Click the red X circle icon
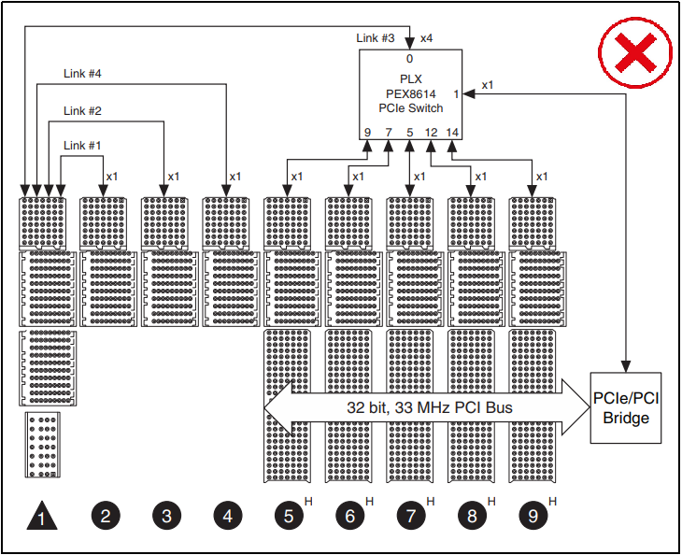click(636, 52)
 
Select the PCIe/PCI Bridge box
click(626, 408)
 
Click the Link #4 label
click(82, 73)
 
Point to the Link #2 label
click(82, 110)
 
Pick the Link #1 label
click(82, 145)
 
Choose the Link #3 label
click(377, 38)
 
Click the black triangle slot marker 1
click(41, 515)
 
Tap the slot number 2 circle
click(105, 515)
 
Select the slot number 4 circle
click(227, 515)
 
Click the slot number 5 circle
click(289, 515)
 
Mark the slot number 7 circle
click(411, 515)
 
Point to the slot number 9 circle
click(533, 515)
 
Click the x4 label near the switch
click(426, 38)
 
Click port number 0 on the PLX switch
click(410, 58)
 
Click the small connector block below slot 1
click(41, 446)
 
